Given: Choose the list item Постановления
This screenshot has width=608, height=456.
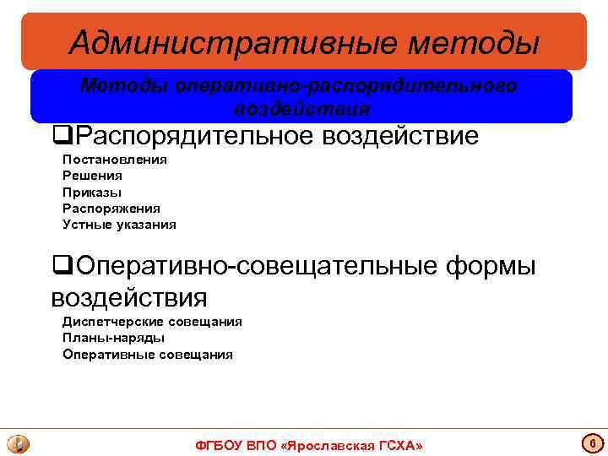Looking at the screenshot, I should coord(115,160).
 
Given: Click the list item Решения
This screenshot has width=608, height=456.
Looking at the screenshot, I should coord(92,176).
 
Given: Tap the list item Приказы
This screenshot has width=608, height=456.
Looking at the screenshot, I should coord(92,192).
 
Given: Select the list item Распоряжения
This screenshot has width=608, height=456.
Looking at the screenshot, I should coord(111,208).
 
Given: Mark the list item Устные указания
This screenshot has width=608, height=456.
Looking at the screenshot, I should coord(119,224).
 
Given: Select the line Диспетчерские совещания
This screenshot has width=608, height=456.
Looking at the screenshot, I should coord(152,322).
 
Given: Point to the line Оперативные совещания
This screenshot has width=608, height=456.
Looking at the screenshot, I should coord(147,354).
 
